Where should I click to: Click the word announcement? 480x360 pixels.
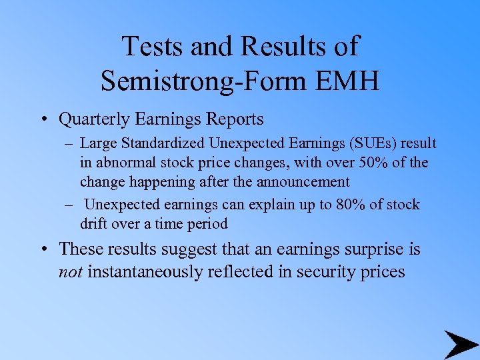pos(301,181)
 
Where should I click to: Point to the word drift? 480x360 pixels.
pos(94,223)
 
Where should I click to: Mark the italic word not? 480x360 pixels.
pos(71,272)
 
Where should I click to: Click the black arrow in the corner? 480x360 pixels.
pos(461,345)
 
